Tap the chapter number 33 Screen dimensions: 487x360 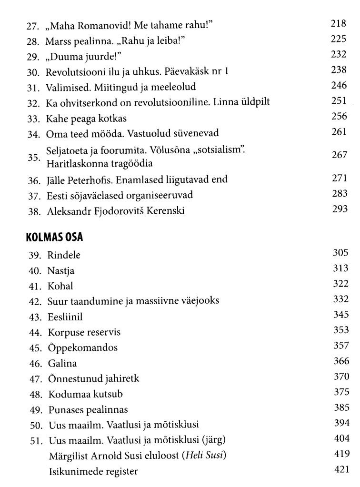point(33,118)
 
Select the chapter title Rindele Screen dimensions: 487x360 point(64,255)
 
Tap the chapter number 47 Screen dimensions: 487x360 point(33,379)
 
